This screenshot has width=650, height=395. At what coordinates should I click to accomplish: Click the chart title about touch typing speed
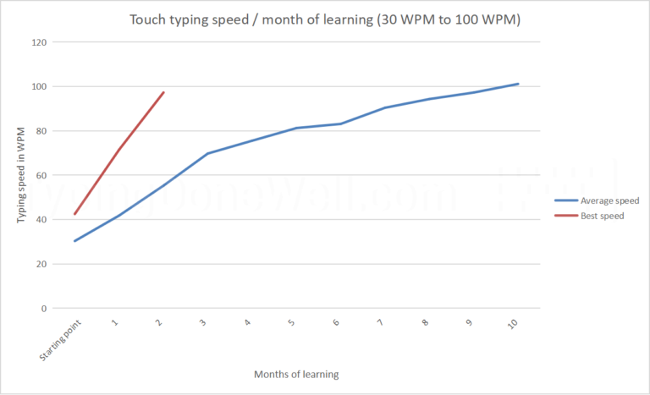[325, 19]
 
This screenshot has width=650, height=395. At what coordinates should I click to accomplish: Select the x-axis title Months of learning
[295, 373]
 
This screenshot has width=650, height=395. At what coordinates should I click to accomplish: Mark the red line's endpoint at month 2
[163, 92]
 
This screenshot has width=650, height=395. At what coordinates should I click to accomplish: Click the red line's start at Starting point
[75, 214]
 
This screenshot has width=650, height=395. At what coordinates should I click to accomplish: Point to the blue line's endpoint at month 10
[518, 84]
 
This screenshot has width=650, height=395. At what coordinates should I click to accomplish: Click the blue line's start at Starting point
[75, 241]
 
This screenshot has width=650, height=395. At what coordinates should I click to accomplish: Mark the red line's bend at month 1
[119, 149]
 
